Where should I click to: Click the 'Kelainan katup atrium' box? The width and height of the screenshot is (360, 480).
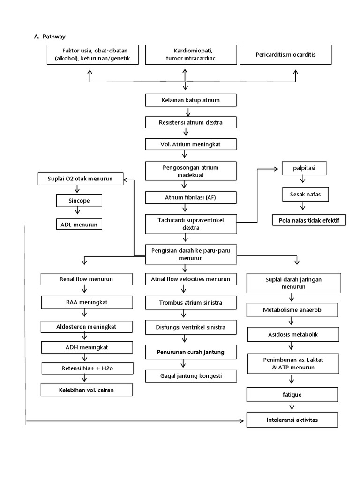[190, 100]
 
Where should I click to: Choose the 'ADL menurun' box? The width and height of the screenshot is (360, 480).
[79, 225]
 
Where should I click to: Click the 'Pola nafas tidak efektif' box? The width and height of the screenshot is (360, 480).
[309, 219]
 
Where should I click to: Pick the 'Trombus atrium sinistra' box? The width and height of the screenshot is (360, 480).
[190, 303]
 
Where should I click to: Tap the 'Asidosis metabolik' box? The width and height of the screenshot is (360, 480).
[292, 334]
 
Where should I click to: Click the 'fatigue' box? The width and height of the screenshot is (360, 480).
[292, 394]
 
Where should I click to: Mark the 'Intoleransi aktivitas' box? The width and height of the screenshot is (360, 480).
[292, 420]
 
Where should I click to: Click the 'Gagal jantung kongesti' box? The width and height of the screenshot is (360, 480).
[190, 375]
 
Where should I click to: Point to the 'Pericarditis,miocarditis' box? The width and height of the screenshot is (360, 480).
[285, 54]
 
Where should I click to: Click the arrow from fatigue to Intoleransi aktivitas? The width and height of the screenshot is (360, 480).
[292, 407]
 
